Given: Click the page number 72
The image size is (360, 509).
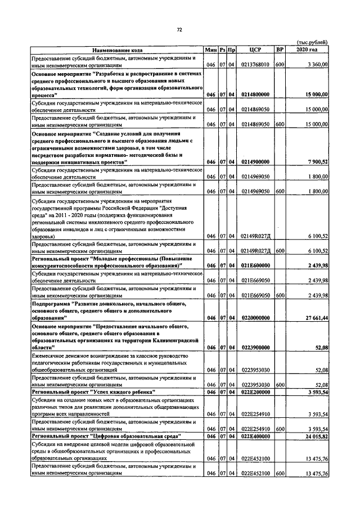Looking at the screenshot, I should [179, 29].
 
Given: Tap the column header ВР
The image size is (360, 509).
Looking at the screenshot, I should [280, 49].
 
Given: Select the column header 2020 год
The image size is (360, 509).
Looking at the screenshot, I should [307, 49].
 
